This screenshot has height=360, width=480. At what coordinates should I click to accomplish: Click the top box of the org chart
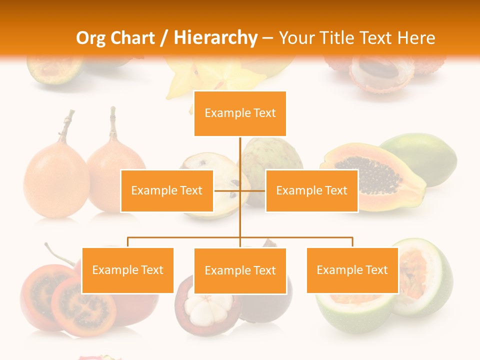pyautogui.click(x=240, y=113)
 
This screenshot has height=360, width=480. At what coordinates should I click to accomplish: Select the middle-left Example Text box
pyautogui.click(x=167, y=190)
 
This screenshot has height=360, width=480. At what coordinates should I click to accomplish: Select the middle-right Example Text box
pyautogui.click(x=311, y=190)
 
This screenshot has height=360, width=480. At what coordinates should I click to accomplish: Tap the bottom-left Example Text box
pyautogui.click(x=128, y=270)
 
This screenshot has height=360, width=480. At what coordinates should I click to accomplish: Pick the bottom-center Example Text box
pyautogui.click(x=240, y=270)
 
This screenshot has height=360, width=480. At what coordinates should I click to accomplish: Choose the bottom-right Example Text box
pyautogui.click(x=352, y=270)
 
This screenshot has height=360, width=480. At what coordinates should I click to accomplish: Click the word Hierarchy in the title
pyautogui.click(x=215, y=37)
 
